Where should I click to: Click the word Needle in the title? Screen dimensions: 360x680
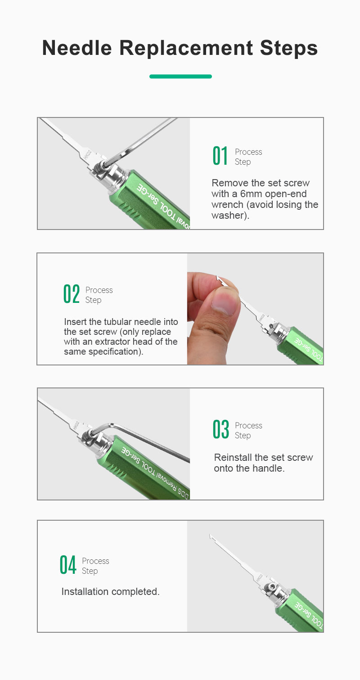pyautogui.click(x=77, y=48)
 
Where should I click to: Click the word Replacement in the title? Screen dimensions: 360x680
pyautogui.click(x=186, y=49)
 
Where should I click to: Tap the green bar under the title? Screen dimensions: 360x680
pyautogui.click(x=180, y=77)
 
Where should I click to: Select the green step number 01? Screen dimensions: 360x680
pyautogui.click(x=220, y=156)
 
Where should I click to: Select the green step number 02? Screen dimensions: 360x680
pyautogui.click(x=72, y=294)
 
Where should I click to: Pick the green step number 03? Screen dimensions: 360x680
pyautogui.click(x=221, y=429)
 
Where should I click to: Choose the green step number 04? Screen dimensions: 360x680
pyautogui.click(x=67, y=565)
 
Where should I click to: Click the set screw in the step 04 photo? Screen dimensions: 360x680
pyautogui.click(x=272, y=587)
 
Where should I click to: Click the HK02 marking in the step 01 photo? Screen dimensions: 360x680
pyautogui.click(x=87, y=155)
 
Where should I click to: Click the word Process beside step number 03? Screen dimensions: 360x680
pyautogui.click(x=248, y=426)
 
